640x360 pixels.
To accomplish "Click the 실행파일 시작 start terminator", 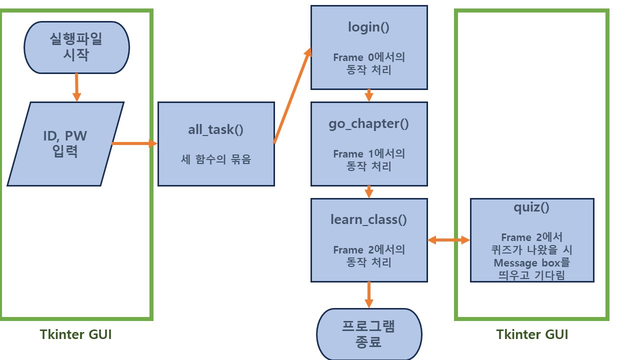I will click(76, 47).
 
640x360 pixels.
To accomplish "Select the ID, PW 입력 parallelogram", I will click(65, 143).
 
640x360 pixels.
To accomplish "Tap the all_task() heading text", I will click(215, 130).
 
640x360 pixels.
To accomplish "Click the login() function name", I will click(368, 27).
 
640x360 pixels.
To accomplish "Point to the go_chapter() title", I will click(368, 124).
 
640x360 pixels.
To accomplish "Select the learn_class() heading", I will click(368, 219).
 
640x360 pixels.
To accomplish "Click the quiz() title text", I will click(531, 207).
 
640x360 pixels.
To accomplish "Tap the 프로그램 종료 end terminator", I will click(368, 334).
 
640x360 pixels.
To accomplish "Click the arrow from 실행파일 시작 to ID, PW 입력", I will click(76, 87).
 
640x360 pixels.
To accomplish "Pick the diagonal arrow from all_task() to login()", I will click(292, 95).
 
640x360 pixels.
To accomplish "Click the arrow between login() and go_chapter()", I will click(368, 95).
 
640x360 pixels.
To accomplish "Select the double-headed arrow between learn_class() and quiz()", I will click(448, 240).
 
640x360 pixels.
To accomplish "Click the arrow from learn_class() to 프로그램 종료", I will click(368, 294).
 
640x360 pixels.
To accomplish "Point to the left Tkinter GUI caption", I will click(76, 334).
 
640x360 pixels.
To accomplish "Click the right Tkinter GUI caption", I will click(532, 334).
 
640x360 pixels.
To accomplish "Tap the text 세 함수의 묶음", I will click(215, 160).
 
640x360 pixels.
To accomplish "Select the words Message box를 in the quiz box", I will click(531, 262).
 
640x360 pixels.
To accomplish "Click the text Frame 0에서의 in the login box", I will click(368, 57).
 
